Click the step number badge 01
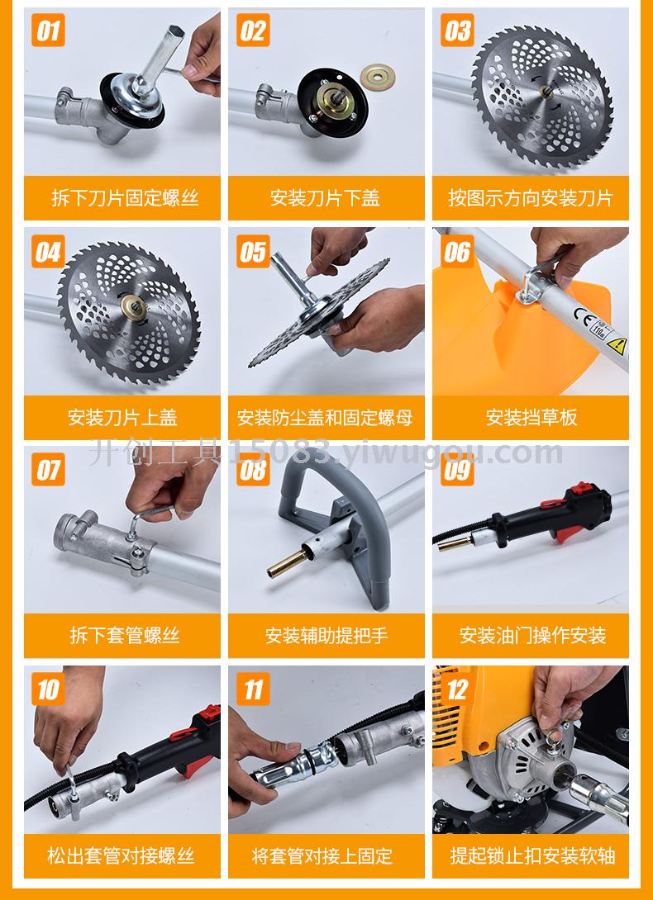48,31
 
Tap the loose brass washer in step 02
378,74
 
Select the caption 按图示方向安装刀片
531,199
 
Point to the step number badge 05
253,251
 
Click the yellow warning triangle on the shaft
617,345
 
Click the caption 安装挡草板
531,417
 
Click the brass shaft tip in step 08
286,563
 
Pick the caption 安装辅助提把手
326,636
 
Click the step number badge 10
48,689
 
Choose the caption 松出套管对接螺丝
122,855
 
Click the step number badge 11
253,689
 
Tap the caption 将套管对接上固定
322,855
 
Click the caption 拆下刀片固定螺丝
125,199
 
